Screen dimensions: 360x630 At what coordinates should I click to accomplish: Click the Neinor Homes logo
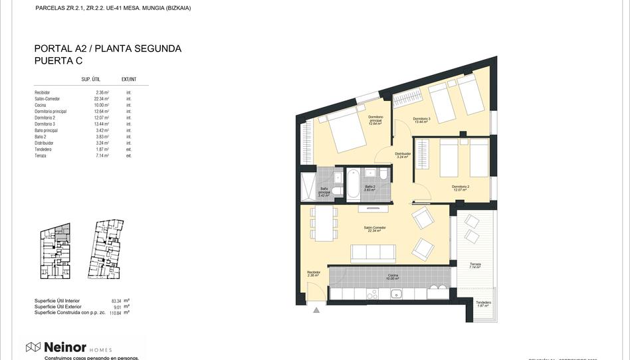pos(68,347)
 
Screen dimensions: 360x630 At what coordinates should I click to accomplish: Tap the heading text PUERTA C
pos(58,60)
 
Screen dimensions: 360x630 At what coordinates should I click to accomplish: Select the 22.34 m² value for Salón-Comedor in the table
pos(101,99)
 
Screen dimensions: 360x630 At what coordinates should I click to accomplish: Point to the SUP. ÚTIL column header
pos(90,79)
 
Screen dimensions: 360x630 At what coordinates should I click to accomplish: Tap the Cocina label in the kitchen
pos(393,276)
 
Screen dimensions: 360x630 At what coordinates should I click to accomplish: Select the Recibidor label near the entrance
pos(314,272)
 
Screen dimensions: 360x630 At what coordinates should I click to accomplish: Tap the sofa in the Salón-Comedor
pos(373,252)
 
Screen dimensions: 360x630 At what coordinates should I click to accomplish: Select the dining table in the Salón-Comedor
pos(325,225)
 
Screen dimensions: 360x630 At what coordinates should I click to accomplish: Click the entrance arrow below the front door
pos(316,310)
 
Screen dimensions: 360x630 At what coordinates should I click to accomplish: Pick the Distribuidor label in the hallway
pos(403,155)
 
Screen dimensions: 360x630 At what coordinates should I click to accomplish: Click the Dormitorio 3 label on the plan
pos(422,120)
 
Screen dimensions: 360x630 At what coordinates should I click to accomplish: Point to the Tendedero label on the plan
pos(484,304)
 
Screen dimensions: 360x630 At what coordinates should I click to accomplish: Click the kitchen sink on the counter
pos(395,294)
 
